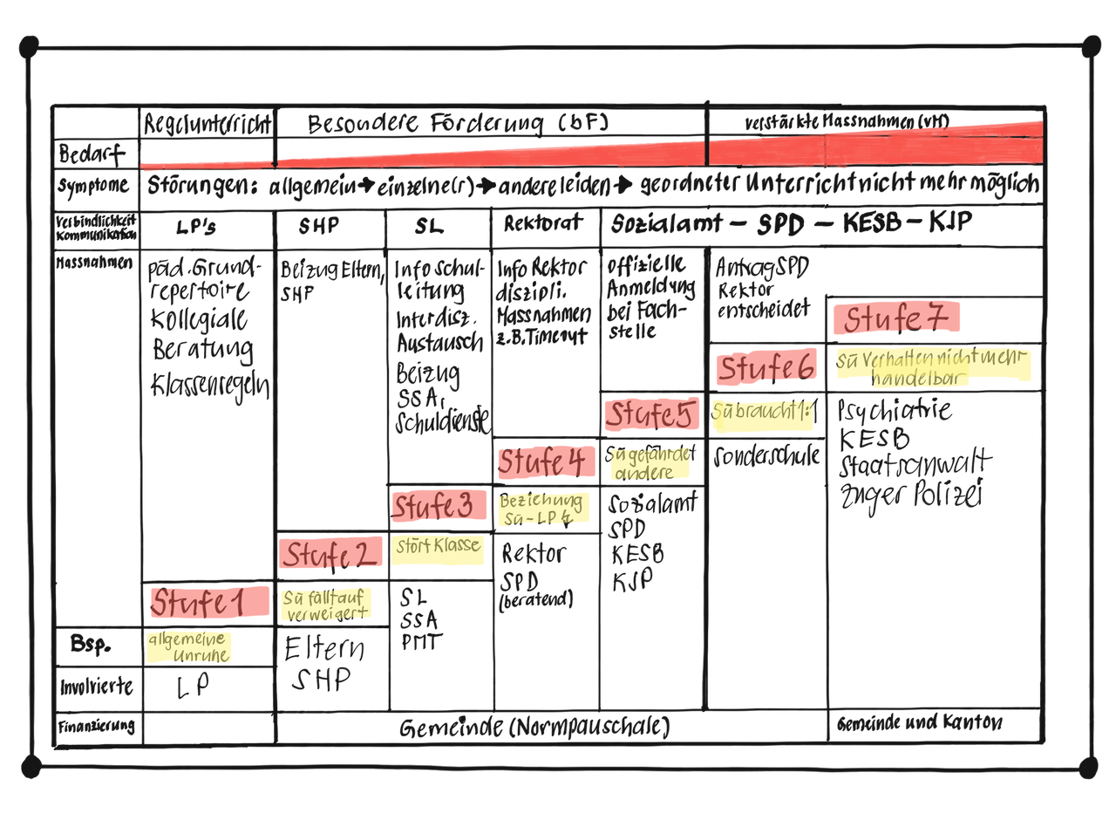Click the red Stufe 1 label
click(x=209, y=601)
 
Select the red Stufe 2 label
click(x=331, y=553)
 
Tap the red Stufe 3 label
click(x=439, y=505)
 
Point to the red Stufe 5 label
click(x=651, y=415)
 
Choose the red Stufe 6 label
click(x=766, y=369)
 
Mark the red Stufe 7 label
click(x=895, y=318)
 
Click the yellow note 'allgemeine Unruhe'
click(x=189, y=646)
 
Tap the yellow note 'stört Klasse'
click(x=437, y=548)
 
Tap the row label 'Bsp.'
click(x=90, y=646)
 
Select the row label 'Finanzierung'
click(x=96, y=726)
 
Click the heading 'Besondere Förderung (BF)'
click(x=458, y=124)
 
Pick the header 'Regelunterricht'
click(x=208, y=123)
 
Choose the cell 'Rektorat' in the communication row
click(x=543, y=224)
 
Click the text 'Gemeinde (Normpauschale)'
click(x=534, y=727)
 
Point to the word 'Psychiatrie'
click(x=894, y=410)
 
